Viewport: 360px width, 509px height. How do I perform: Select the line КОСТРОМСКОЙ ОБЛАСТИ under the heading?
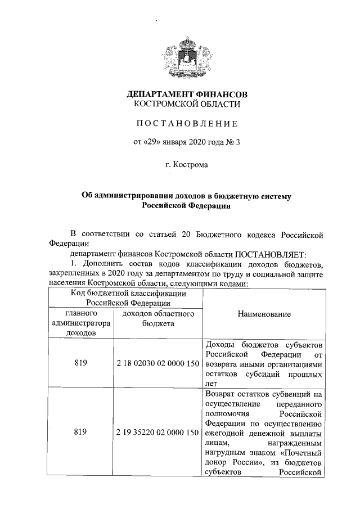tap(187, 104)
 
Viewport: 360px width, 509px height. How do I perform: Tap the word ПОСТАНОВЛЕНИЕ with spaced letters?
tap(187, 123)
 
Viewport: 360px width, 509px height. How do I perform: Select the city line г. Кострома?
tap(187, 165)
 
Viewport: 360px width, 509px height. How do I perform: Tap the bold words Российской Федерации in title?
tap(187, 206)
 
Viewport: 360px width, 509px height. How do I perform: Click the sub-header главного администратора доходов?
tap(81, 323)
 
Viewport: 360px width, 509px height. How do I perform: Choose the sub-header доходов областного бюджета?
tap(158, 318)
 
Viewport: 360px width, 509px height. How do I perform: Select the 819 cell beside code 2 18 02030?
tap(81, 363)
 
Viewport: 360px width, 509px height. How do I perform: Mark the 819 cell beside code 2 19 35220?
tap(81, 433)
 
